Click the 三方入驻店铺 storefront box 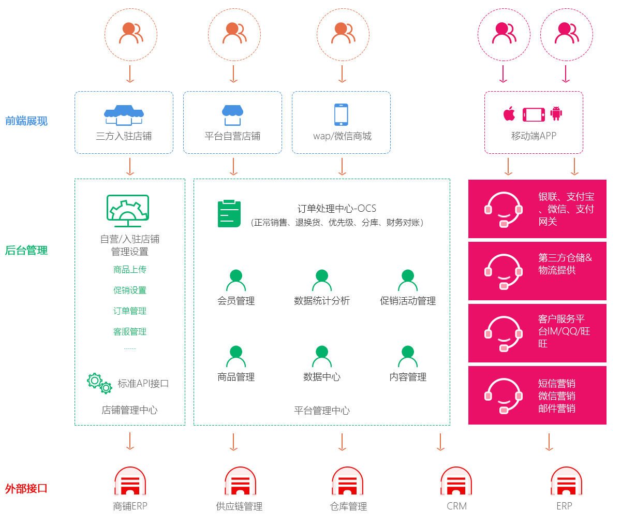tap(124, 123)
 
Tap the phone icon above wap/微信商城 tap(341, 114)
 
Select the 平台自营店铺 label tap(232, 136)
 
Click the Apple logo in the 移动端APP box tap(509, 114)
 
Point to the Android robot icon tap(556, 113)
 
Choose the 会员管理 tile tap(236, 287)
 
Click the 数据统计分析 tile tap(321, 287)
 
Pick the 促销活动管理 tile tap(407, 287)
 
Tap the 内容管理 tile tap(407, 363)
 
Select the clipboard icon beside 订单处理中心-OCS tap(229, 213)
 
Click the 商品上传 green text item tap(130, 270)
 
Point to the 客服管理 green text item tap(130, 332)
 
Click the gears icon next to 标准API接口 tap(99, 383)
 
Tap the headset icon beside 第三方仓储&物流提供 tap(503, 271)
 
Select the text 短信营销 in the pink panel tap(557, 384)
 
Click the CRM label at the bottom tap(456, 506)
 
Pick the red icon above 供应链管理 tap(240, 482)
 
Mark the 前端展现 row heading tap(26, 121)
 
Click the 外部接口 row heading tap(26, 488)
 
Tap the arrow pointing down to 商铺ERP tap(130, 441)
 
